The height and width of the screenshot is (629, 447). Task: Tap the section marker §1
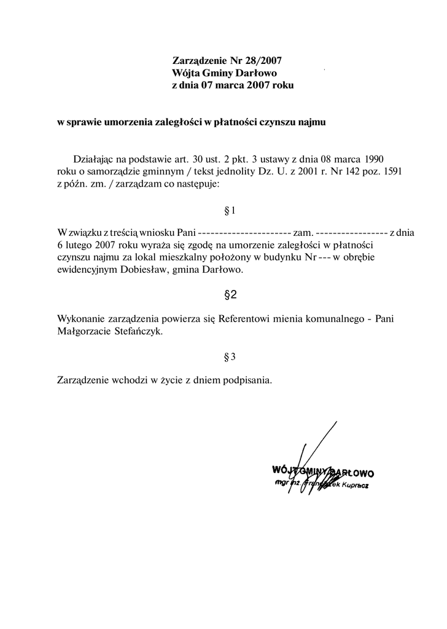pos(231,211)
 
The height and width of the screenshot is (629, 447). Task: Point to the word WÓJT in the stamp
pos(282,471)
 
